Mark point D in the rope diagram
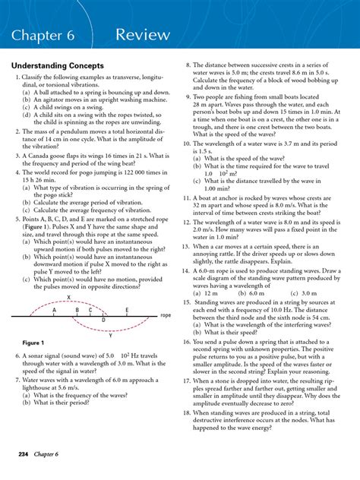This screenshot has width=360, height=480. tap(103, 321)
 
